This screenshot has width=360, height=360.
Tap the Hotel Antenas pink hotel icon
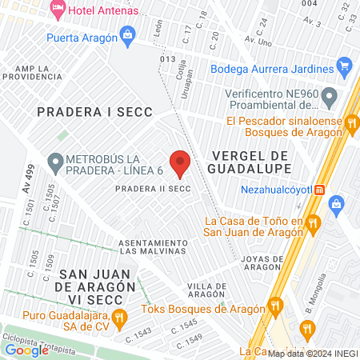[x=58, y=9]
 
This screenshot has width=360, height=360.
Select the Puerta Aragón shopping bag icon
[x=127, y=34]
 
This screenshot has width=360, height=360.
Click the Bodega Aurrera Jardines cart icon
[x=345, y=66]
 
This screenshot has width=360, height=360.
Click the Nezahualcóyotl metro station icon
[x=320, y=190]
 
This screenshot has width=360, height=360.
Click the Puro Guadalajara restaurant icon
[x=118, y=318]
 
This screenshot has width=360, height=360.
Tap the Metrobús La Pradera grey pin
[x=55, y=163]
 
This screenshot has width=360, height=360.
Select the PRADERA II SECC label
[x=152, y=189]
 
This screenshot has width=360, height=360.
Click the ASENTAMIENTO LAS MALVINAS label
[x=152, y=247]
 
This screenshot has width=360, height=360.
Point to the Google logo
[x=26, y=349]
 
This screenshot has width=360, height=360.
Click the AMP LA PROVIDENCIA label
[x=33, y=71]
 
